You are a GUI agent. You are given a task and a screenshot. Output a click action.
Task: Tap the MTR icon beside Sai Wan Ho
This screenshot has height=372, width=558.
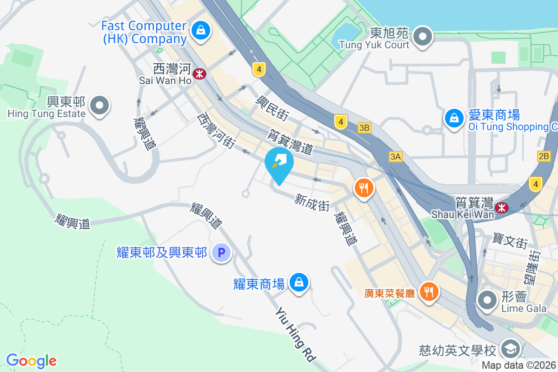coord(200,73)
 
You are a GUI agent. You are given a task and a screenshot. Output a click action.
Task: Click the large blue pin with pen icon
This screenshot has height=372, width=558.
coord(279,163)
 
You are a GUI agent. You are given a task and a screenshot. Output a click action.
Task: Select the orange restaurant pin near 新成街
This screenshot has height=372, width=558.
coord(364,188)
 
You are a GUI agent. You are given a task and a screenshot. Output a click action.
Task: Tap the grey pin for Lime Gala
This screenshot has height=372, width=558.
coord(487,300)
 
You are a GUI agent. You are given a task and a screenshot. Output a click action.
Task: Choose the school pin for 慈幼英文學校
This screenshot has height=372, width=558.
coord(510,349)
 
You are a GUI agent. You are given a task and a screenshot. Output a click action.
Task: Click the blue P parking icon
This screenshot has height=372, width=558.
coord(221,253)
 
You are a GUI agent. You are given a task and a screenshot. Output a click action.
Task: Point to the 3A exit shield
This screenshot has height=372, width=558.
coord(395,157)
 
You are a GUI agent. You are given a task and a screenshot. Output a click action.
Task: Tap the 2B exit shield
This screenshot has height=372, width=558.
coord(544,156)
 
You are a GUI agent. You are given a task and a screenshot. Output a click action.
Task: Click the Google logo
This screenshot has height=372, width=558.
coord(31,361)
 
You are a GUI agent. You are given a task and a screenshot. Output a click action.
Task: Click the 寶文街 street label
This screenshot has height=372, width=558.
coord(510,242)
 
